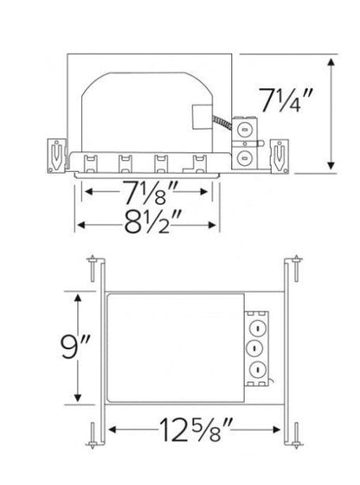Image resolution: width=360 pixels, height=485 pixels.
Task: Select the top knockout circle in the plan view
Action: (257, 329)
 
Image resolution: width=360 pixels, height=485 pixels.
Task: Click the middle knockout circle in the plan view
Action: (257, 349)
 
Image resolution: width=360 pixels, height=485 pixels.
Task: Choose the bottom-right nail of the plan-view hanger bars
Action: (297, 436)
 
